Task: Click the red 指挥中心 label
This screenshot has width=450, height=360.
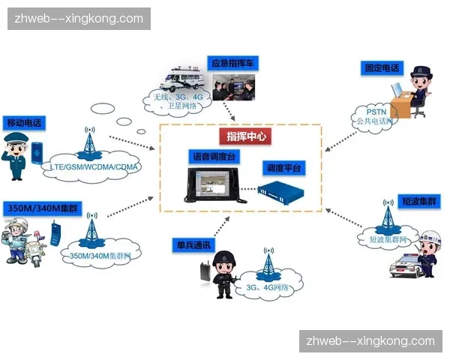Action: (245, 136)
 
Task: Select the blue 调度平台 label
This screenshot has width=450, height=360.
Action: (283, 169)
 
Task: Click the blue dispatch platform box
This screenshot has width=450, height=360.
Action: (280, 192)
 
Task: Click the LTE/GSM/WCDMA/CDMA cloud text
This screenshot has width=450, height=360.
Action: (97, 166)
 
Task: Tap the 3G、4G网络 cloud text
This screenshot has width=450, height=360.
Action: (268, 286)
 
